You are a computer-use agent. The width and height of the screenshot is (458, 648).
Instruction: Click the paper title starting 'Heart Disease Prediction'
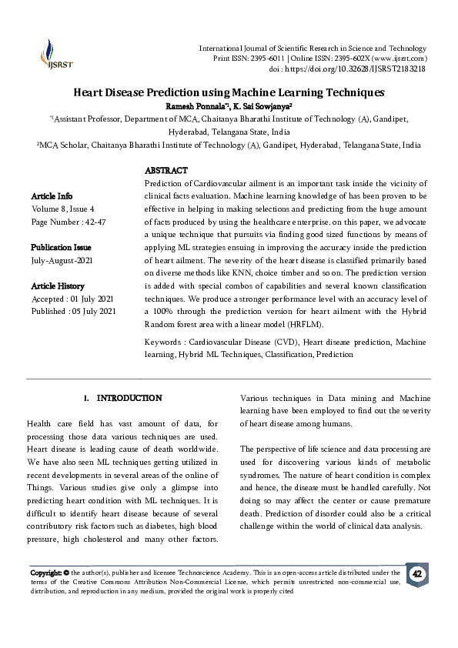coord(229,92)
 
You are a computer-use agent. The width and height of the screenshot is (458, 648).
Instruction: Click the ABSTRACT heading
coord(165,170)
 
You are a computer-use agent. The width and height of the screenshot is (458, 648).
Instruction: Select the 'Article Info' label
coord(52,196)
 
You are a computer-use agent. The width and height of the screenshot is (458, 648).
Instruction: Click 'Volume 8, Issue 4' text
coord(63,209)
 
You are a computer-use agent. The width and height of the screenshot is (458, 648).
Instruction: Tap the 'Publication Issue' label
coord(61,247)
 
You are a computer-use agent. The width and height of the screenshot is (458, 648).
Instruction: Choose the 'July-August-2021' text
coord(62,260)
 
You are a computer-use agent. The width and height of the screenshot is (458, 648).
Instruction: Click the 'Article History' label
coord(57,286)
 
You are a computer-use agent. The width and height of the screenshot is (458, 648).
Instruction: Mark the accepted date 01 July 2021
coord(90,299)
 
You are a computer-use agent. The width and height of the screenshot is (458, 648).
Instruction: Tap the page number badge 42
coord(417,574)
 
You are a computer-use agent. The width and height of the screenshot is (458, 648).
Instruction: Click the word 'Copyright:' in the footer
coord(45,573)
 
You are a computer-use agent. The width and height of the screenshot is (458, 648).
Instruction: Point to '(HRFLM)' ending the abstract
coord(269,324)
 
